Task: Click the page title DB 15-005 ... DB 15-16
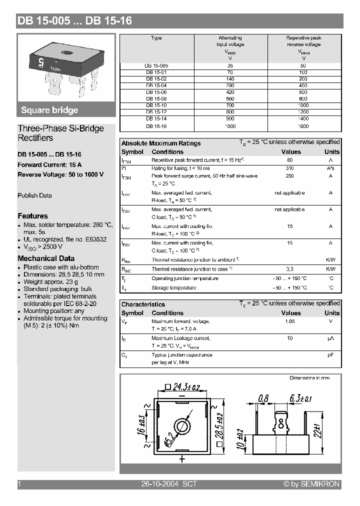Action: pos(74,21)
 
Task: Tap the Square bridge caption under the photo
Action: pos(49,110)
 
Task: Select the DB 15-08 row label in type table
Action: pos(156,99)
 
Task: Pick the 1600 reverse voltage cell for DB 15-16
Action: pos(304,126)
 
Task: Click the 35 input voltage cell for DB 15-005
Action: pos(230,65)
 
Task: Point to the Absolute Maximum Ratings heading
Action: pos(161,143)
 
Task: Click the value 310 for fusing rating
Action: pos(290,168)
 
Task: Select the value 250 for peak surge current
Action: pos(290,176)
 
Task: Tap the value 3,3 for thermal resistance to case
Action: pos(290,269)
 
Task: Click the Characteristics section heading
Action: pos(143,304)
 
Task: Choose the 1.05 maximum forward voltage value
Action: pos(290,321)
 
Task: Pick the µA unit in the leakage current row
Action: pos(330,338)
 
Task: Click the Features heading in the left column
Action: pos(33,216)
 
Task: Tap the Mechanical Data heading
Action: pos(46,258)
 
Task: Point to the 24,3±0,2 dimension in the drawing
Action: pos(182,386)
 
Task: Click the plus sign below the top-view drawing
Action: pos(182,459)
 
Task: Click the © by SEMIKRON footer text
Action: pos(311,484)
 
